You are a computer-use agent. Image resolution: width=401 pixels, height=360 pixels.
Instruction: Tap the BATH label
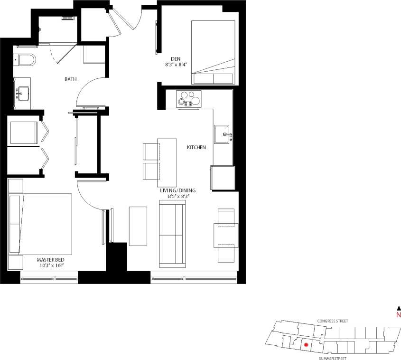[71, 79]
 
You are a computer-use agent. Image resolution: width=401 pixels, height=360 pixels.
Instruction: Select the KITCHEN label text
[196, 148]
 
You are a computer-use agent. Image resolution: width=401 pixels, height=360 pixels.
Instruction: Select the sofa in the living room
[172, 233]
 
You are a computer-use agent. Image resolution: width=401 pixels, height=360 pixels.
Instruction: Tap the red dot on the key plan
[307, 345]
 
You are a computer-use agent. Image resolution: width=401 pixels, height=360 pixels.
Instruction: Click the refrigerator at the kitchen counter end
[223, 178]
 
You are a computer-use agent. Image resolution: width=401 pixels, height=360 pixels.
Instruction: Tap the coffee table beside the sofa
[138, 226]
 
